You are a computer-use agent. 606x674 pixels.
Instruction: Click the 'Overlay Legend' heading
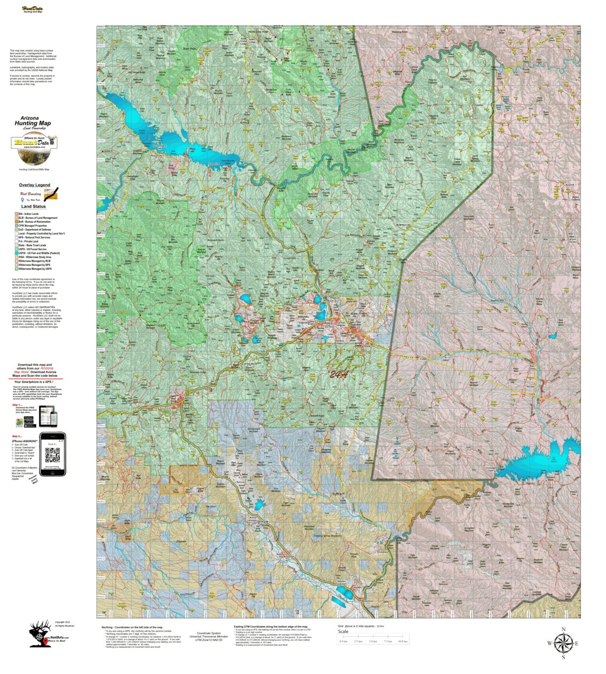pos(34,185)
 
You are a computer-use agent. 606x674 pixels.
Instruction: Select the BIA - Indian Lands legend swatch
pos(16,214)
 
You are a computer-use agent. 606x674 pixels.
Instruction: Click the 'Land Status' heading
pos(33,206)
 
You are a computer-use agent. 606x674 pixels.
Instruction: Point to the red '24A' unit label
pos(338,375)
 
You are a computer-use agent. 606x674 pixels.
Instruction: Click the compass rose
pos(563,643)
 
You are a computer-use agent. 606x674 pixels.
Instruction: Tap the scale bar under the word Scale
pos(373,638)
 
